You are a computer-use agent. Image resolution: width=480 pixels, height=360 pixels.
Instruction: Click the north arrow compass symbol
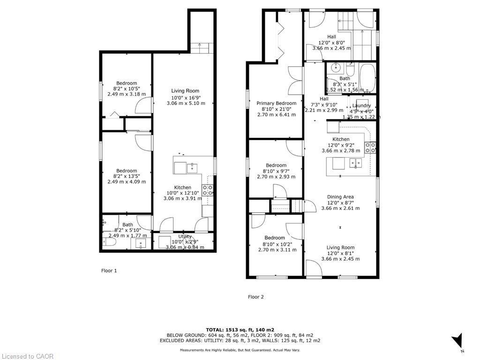pos(457,342)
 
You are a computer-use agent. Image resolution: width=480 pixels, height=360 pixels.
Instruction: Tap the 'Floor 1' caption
pos(109,270)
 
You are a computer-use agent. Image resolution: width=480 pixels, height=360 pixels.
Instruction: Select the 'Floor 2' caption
pos(255,297)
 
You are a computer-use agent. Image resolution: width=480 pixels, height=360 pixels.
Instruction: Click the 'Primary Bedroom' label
pos(276,103)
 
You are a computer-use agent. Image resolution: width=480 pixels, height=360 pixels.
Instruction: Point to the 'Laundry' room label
pos(361,105)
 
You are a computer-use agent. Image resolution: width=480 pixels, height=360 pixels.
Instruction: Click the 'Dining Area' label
pos(340,197)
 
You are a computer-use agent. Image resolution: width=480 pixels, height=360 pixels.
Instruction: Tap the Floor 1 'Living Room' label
pos(185,91)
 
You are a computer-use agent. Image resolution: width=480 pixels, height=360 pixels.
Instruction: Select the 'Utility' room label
pos(185,237)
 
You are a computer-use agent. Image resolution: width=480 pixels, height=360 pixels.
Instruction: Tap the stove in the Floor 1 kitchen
pos(207,190)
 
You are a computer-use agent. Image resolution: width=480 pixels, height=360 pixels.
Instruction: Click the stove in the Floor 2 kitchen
pos(370,148)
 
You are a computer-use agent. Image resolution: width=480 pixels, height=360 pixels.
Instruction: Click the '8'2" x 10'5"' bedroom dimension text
pos(127,89)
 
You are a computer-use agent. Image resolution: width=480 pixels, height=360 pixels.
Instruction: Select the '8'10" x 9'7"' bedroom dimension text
pos(276,171)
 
